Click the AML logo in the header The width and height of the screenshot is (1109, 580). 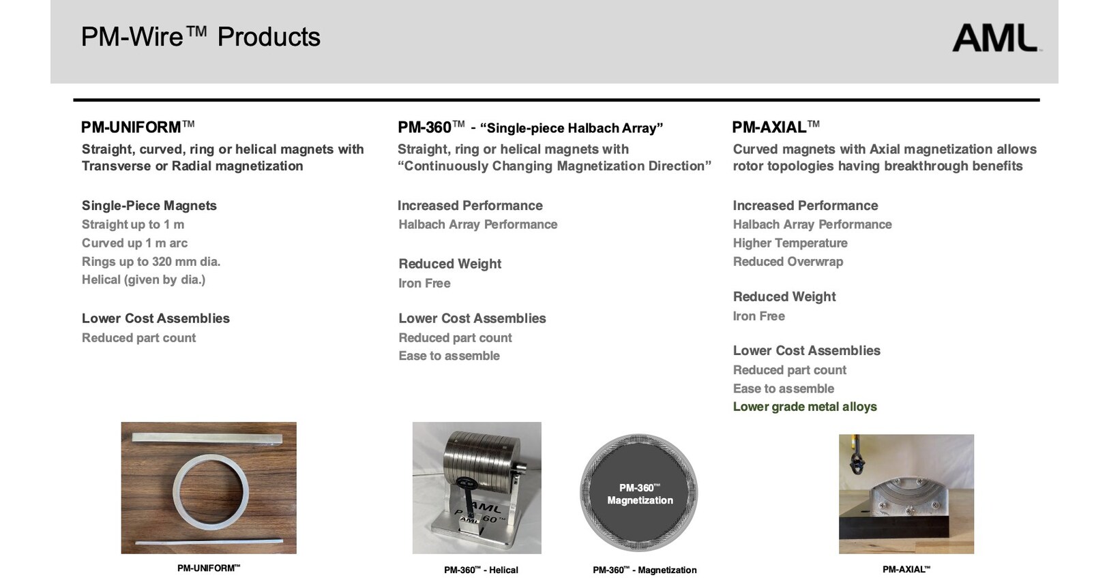pos(996,37)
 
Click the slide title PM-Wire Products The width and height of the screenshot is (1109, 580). pos(201,37)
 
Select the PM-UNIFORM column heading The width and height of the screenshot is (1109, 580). pos(138,127)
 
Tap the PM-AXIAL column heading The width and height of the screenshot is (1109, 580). pos(775,127)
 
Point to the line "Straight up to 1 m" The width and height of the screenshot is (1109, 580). pos(133,225)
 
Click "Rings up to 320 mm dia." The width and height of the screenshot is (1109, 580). pos(151,261)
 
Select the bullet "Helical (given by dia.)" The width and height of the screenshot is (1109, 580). pos(144,280)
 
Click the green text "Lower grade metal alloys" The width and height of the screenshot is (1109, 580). pos(805,407)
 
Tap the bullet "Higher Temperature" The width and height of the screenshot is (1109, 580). pos(790,243)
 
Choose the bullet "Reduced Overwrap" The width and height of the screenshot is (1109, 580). pos(788,261)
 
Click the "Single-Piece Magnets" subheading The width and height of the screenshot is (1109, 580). pos(149,205)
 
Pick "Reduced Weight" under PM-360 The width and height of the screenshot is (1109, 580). pos(449,264)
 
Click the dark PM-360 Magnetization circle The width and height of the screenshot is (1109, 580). pos(638,493)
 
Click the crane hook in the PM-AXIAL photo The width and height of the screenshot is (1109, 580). pos(857,458)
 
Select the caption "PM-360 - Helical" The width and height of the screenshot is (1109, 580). pos(481,570)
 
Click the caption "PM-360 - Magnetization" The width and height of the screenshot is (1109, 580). pos(645,570)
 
